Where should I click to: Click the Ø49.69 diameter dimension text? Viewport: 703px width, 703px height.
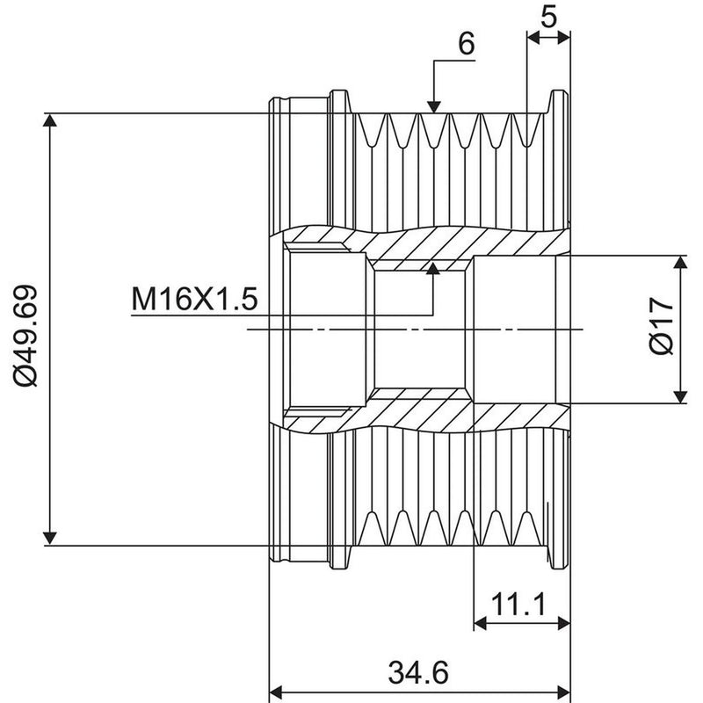(x=25, y=336)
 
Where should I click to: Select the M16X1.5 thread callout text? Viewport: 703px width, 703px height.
(x=194, y=299)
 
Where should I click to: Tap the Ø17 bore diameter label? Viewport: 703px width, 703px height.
(x=662, y=326)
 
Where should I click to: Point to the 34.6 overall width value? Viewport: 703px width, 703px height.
(x=418, y=672)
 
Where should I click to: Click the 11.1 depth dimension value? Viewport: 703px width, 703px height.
(x=518, y=604)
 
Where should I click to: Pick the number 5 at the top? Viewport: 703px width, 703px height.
(x=548, y=17)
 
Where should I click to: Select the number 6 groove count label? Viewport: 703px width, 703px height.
(x=467, y=43)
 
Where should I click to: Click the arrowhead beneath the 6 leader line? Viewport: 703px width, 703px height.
(x=433, y=106)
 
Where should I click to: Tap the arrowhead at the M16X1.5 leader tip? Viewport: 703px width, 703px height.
(x=433, y=268)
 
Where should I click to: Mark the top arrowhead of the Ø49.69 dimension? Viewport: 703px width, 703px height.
(x=50, y=120)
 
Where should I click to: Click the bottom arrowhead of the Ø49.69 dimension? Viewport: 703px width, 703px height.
(x=50, y=539)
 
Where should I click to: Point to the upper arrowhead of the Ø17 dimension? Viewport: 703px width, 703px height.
(x=680, y=262)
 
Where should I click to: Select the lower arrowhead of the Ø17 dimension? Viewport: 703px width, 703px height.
(x=680, y=397)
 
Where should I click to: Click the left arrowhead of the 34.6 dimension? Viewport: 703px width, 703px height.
(x=275, y=691)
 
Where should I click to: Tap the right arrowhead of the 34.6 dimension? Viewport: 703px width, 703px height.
(x=563, y=691)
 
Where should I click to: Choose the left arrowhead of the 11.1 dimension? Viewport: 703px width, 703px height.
(x=481, y=623)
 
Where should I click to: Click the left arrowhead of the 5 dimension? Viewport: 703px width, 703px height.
(x=533, y=38)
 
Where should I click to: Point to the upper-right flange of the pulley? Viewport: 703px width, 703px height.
(x=559, y=102)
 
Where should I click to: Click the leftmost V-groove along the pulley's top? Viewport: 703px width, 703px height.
(x=371, y=130)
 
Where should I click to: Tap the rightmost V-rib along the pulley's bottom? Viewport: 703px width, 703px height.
(x=527, y=528)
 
